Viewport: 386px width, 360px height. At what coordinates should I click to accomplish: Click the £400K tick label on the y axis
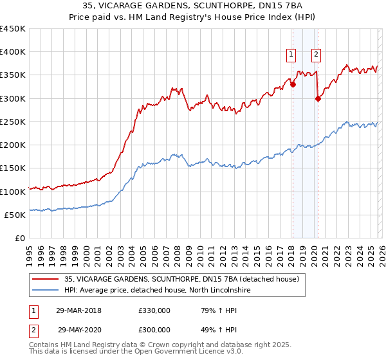tap(13, 52)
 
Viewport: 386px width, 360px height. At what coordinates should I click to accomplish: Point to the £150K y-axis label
tap(13, 168)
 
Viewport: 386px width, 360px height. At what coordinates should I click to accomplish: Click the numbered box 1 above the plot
tap(292, 55)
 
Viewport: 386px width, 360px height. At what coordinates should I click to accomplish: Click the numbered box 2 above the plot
tap(317, 55)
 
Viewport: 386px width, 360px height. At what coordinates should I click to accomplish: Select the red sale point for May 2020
tap(318, 98)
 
